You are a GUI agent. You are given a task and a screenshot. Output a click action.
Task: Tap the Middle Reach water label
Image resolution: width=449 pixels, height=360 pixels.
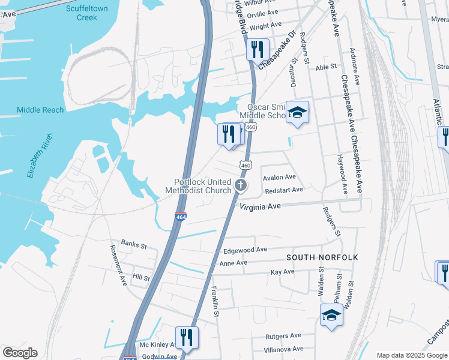tap(40, 110)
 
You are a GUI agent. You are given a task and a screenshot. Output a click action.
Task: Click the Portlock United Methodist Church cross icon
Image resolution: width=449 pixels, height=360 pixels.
tap(241, 185)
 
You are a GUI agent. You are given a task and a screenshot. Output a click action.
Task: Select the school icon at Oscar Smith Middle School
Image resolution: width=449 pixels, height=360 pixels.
tap(297, 112)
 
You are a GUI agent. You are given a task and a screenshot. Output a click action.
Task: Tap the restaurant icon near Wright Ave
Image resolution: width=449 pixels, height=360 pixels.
tap(258, 49)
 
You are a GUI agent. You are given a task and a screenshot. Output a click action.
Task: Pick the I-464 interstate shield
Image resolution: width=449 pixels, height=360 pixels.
tap(180, 217)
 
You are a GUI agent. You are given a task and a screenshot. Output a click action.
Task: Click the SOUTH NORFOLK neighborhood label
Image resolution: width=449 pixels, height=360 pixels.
tap(322, 257)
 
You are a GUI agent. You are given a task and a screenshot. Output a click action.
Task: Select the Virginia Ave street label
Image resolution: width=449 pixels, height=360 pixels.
tap(261, 206)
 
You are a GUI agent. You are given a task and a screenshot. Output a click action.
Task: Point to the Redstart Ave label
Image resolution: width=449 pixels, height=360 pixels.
tap(283, 190)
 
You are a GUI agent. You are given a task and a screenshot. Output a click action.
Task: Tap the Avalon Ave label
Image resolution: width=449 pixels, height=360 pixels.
tap(280, 178)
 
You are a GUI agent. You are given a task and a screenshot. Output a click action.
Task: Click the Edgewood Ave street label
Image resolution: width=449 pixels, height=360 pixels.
tap(244, 250)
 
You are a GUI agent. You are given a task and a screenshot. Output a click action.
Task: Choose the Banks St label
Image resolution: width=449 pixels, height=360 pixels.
tap(134, 244)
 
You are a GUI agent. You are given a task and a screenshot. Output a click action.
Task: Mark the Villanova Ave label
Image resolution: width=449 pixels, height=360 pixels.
tap(283, 349)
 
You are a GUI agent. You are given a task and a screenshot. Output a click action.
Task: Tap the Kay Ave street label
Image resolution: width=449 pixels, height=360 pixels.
tap(283, 272)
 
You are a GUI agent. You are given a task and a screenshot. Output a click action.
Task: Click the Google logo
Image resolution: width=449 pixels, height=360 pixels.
tap(20, 353)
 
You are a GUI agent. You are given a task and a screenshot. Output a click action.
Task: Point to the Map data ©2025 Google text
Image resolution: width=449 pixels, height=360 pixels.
tap(411, 355)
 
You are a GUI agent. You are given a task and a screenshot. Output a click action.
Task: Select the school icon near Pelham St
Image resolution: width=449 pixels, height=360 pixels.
tap(331, 315)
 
